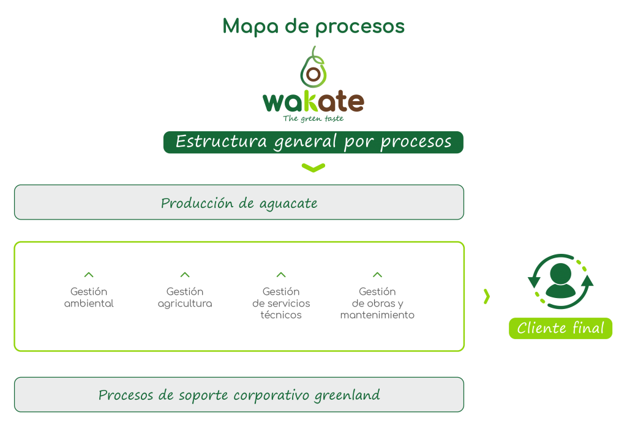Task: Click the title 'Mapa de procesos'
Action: [x=313, y=26]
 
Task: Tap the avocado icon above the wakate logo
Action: [x=313, y=68]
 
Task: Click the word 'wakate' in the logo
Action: [x=313, y=102]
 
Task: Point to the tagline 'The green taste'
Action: [x=313, y=118]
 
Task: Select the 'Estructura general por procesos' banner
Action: [x=313, y=142]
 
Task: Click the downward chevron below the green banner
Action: [x=313, y=167]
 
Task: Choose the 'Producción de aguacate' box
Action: [x=239, y=203]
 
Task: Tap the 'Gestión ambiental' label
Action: [x=89, y=297]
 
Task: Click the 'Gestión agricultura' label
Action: [x=185, y=297]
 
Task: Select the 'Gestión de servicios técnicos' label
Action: [x=281, y=304]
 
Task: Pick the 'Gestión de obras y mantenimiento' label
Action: [x=377, y=304]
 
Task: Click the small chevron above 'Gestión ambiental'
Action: [x=89, y=275]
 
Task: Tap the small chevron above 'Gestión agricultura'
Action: [x=185, y=275]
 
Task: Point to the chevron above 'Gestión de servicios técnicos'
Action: [x=281, y=275]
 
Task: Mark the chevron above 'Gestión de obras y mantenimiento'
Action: [x=377, y=275]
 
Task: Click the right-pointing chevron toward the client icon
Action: [x=487, y=297]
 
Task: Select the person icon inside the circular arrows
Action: [x=561, y=280]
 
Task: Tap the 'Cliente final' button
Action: [x=560, y=328]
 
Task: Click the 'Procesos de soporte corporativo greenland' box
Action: [x=239, y=395]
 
